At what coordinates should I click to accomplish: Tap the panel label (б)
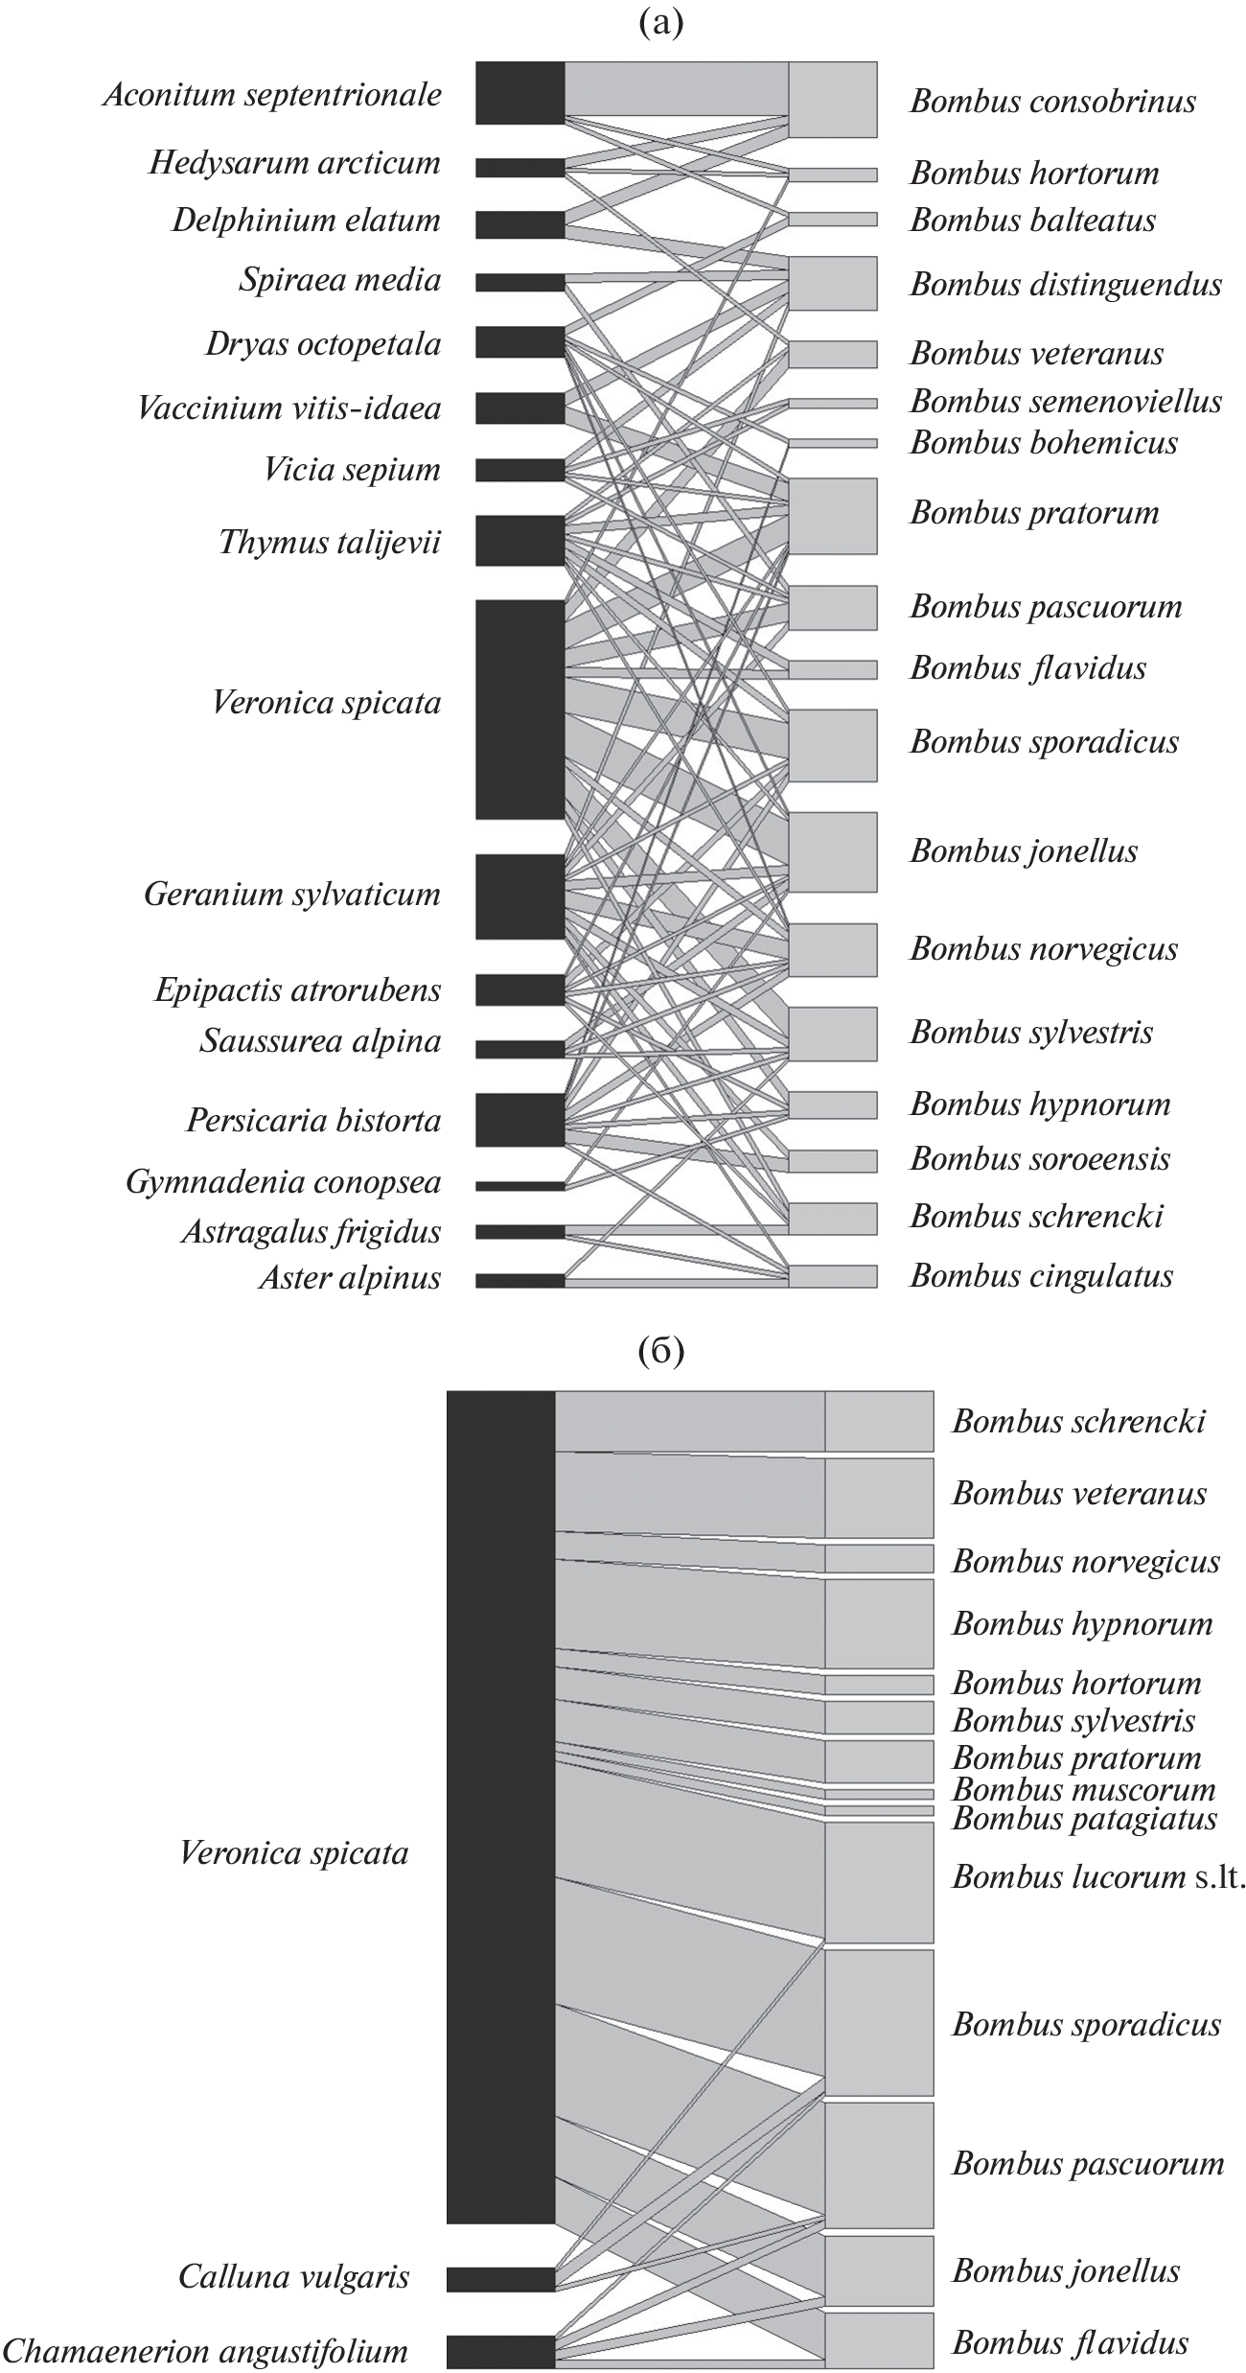coord(660,1353)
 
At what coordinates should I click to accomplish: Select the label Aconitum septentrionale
coord(272,95)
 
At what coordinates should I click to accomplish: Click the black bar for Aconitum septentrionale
coord(519,93)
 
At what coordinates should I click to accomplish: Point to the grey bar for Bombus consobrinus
coord(832,100)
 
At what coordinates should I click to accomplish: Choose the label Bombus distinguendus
coord(1066,285)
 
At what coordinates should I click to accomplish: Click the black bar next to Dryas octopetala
coord(519,342)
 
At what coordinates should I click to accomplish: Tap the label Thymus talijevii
coord(330,543)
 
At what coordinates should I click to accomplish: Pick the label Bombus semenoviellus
coord(1066,401)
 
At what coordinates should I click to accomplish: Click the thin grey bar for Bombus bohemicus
coord(832,443)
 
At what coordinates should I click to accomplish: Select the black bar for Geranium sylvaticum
coord(519,896)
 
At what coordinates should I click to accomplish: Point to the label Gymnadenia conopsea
coord(283,1182)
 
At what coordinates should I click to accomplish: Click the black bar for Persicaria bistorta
coord(519,1120)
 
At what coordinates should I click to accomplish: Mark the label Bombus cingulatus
coord(1041,1276)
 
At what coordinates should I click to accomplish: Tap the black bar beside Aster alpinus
coord(519,1280)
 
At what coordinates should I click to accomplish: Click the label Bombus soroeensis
coord(1040,1159)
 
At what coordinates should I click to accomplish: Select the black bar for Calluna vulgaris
coord(500,2279)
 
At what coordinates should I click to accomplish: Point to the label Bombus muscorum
coord(1083,1790)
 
